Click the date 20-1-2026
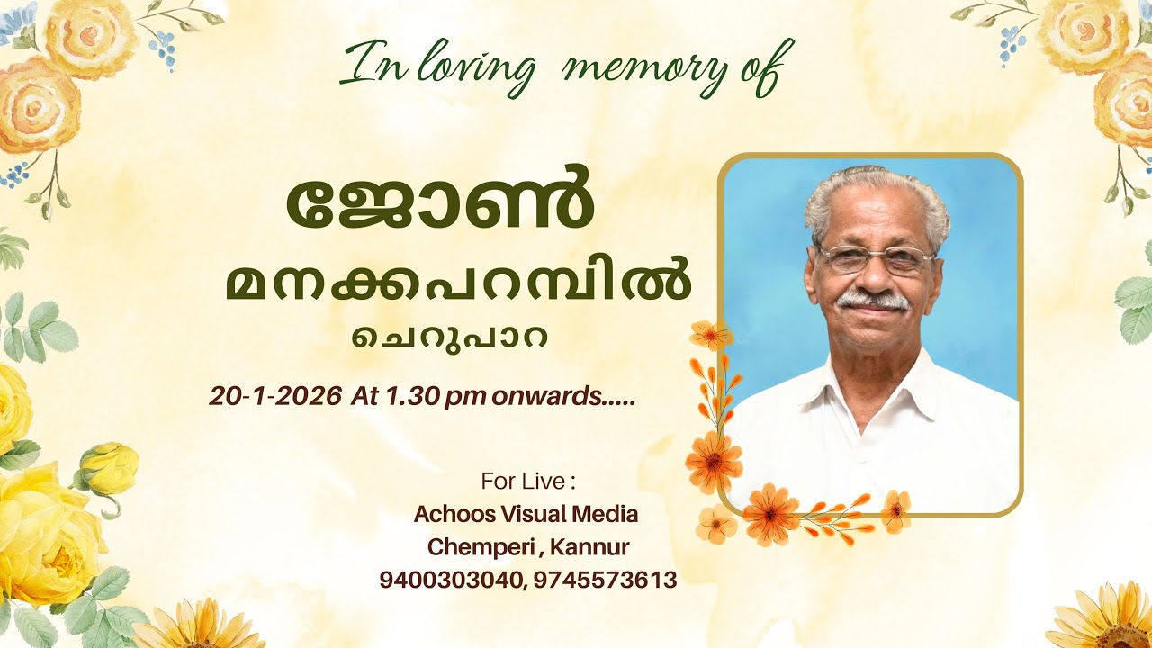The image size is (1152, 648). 275,395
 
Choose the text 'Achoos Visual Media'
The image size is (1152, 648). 526,515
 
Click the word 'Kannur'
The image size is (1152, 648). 589,546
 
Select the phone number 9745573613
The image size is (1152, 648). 605,580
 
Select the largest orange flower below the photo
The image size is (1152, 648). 771,513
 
